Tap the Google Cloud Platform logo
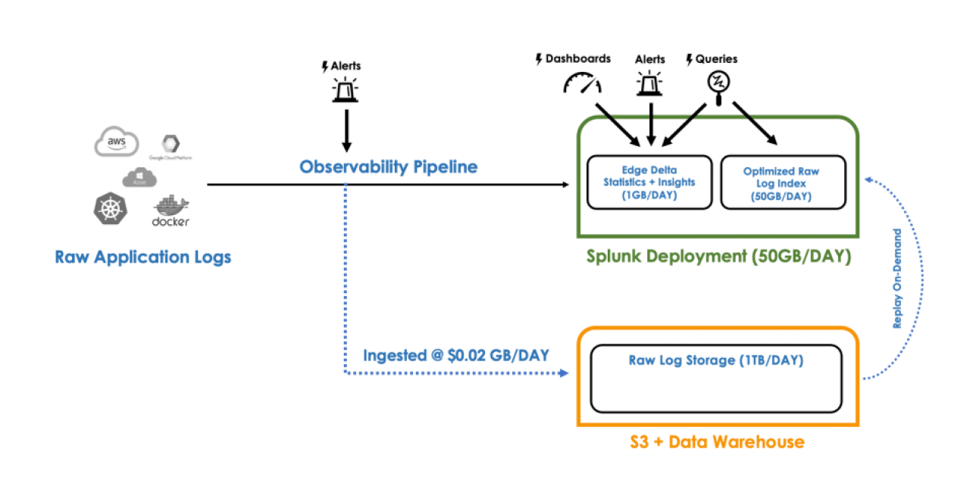167,145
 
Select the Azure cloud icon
139,178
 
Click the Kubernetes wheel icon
111,208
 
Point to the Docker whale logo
171,210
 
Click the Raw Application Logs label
142,257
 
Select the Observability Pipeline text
388,167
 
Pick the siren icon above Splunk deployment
649,83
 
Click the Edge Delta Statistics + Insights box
649,182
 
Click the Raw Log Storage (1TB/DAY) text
715,360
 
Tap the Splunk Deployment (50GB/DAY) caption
718,257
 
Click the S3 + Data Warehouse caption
717,441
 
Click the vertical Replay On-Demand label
897,279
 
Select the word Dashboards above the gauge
577,58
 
